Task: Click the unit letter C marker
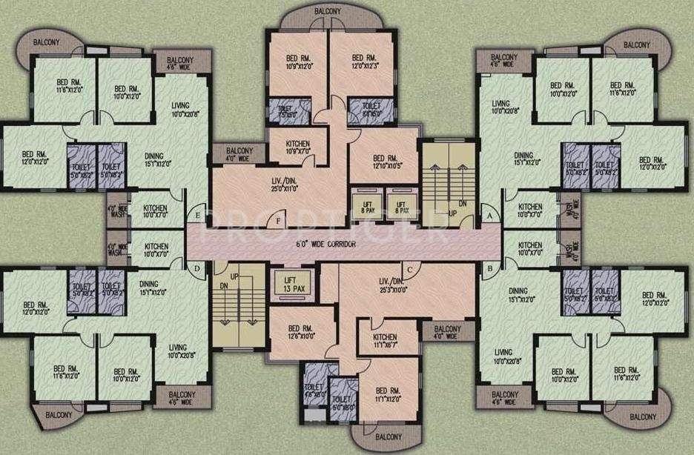[x=409, y=269]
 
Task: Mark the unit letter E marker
[x=197, y=216]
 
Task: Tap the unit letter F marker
[x=279, y=220]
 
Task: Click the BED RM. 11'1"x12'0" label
[x=389, y=396]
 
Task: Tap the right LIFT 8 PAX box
[x=401, y=205]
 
